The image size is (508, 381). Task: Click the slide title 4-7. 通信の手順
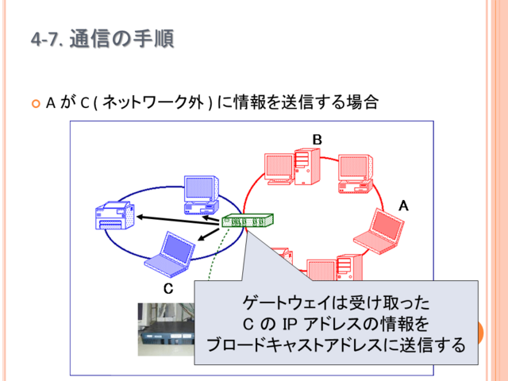(x=102, y=39)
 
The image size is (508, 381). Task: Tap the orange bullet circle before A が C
(x=36, y=104)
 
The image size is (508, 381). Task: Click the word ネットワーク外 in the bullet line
(x=153, y=102)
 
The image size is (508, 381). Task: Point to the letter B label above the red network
(x=317, y=140)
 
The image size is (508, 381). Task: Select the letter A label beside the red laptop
(x=403, y=206)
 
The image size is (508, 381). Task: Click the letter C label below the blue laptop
(x=168, y=288)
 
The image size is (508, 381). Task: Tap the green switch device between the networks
(x=248, y=221)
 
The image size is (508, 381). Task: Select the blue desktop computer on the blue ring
(x=201, y=195)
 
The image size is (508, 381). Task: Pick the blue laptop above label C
(x=170, y=255)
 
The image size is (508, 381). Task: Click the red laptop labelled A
(x=379, y=231)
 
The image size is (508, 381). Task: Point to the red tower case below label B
(x=307, y=167)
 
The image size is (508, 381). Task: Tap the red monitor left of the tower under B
(x=279, y=169)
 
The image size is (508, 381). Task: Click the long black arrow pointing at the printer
(x=179, y=221)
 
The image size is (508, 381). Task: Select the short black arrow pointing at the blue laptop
(x=209, y=234)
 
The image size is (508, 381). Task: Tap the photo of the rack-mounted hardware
(x=166, y=329)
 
